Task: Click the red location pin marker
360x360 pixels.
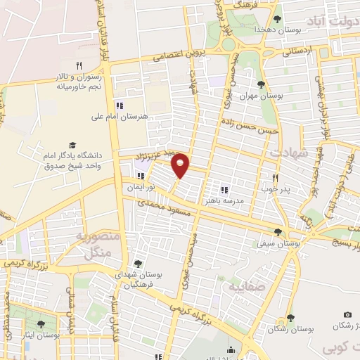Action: click(x=181, y=165)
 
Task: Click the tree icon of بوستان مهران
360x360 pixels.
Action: click(x=262, y=85)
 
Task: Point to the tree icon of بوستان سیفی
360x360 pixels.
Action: click(x=278, y=232)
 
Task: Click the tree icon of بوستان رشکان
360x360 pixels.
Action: click(x=289, y=318)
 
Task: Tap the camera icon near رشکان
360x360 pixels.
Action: click(x=347, y=314)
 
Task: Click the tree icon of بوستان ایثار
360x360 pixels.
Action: click(x=41, y=324)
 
